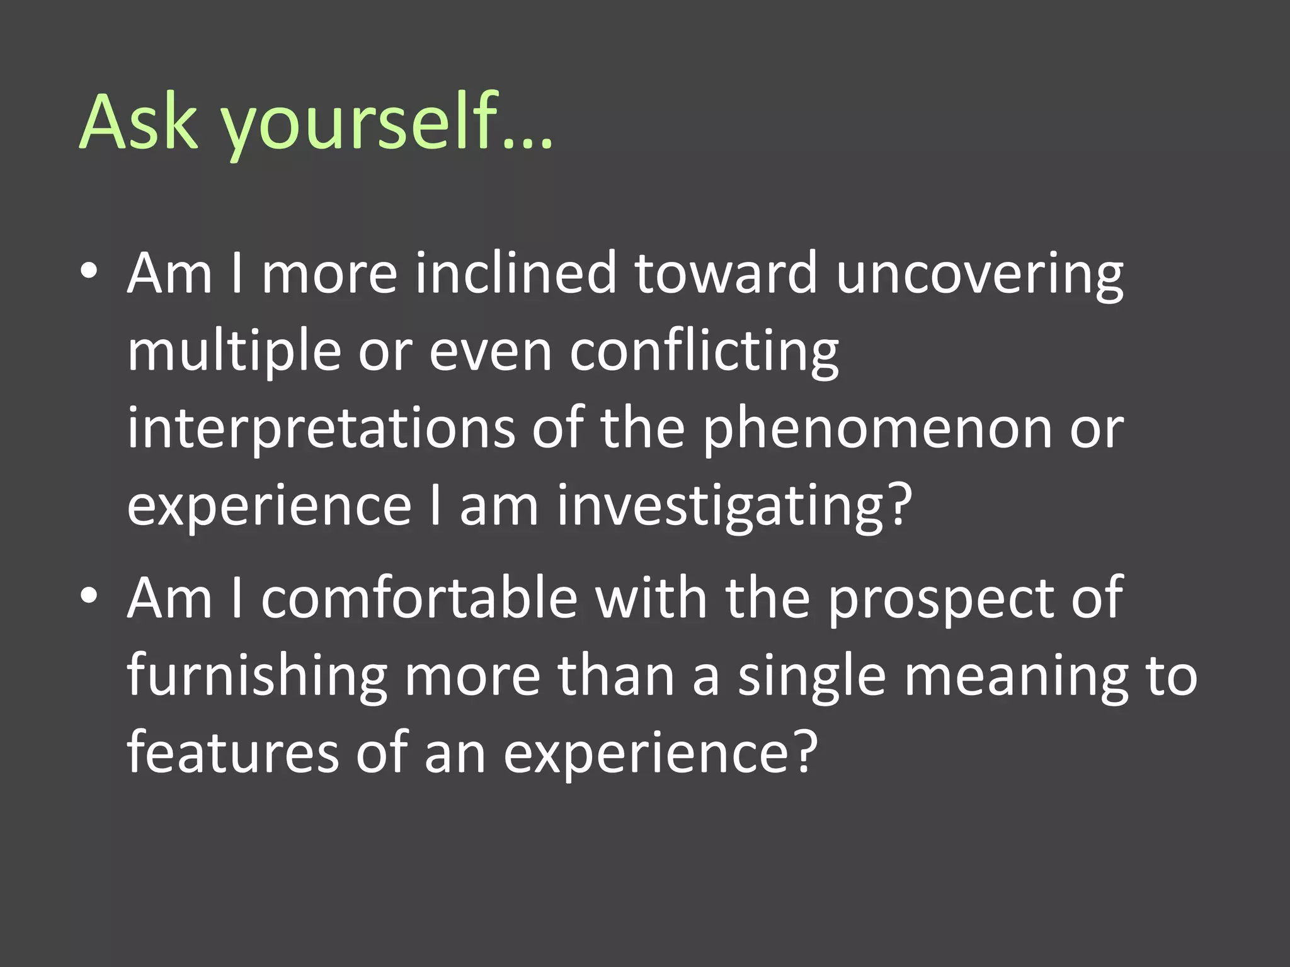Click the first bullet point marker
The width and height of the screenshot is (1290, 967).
click(89, 271)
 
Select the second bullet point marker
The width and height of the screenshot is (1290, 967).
click(89, 596)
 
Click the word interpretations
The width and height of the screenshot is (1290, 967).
click(321, 429)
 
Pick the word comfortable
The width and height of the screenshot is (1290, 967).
click(420, 598)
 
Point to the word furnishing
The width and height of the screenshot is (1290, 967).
click(257, 677)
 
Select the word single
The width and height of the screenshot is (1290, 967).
click(812, 677)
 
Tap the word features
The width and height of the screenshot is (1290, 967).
click(233, 752)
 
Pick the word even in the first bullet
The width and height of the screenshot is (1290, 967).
click(491, 353)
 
